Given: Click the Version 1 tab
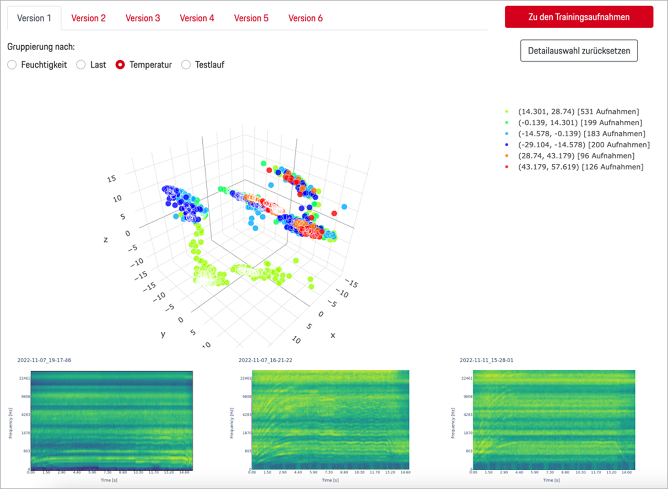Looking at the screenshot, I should pyautogui.click(x=34, y=18).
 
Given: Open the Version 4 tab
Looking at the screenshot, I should pyautogui.click(x=197, y=18).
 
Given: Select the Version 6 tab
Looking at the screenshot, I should pyautogui.click(x=305, y=18).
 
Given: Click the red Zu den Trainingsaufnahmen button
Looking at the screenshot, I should pyautogui.click(x=579, y=17).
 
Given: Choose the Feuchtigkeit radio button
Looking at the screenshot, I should pyautogui.click(x=12, y=65).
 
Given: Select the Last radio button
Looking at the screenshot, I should pyautogui.click(x=81, y=65).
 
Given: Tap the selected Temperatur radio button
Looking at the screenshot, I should pyautogui.click(x=120, y=65).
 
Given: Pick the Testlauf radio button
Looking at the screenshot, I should pyautogui.click(x=186, y=65).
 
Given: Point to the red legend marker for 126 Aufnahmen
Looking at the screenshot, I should pyautogui.click(x=507, y=166).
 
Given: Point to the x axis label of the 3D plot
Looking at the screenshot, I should pyautogui.click(x=332, y=335).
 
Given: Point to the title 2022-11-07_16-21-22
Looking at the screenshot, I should pyautogui.click(x=265, y=361).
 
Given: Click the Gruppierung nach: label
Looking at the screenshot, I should pyautogui.click(x=41, y=46).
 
